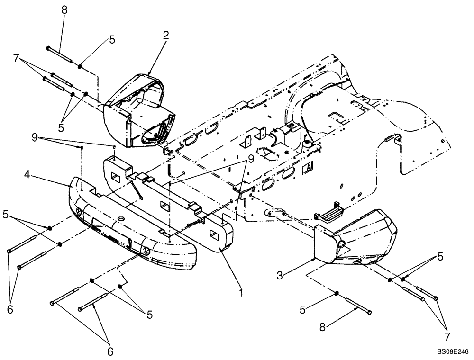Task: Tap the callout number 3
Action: coord(281,274)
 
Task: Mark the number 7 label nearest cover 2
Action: coord(17,58)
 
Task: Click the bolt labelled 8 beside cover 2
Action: coord(58,54)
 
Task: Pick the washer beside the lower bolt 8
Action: coord(336,294)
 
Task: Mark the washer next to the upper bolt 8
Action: coord(81,66)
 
